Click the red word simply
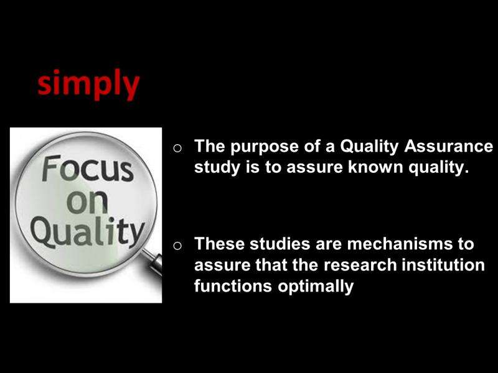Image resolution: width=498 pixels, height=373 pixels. click(x=88, y=84)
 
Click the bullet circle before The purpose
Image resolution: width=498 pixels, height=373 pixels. click(x=177, y=148)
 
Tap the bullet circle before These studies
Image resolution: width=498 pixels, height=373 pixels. click(x=177, y=246)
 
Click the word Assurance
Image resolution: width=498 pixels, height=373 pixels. click(x=448, y=146)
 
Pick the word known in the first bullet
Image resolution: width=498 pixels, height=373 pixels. click(x=376, y=167)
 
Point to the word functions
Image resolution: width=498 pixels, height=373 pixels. click(x=233, y=286)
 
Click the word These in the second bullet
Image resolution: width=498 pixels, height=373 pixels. click(x=220, y=244)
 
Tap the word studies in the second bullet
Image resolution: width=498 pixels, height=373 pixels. click(x=280, y=244)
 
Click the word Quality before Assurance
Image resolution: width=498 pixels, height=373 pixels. click(x=369, y=147)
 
